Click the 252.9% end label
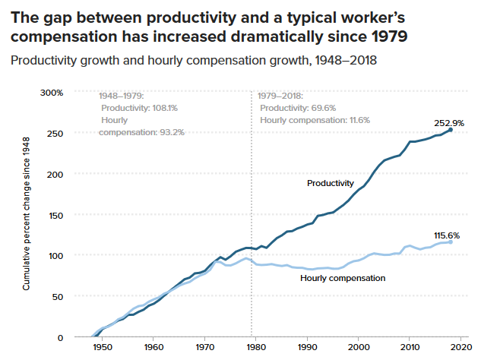click(449, 122)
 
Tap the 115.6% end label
click(449, 236)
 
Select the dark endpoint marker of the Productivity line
click(451, 130)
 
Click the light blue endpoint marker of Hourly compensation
click(451, 242)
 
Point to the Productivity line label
click(331, 183)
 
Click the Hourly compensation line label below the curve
click(343, 278)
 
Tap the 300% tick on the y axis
click(52, 93)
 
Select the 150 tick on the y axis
click(55, 215)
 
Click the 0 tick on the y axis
click(61, 337)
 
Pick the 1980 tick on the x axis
click(255, 347)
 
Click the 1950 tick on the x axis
click(103, 347)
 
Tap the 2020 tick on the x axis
click(459, 347)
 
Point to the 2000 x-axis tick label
click(357, 347)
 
